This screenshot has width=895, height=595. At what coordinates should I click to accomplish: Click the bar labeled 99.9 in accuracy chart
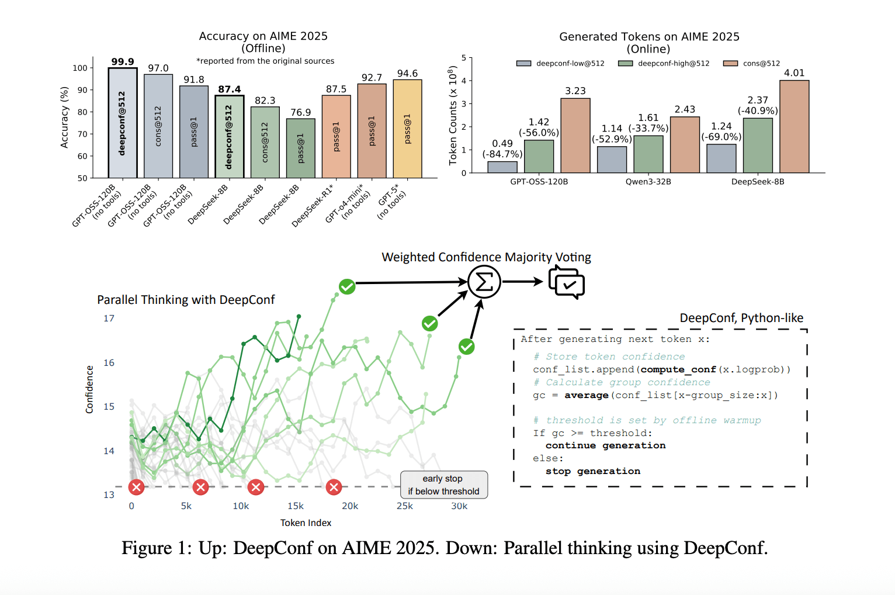pos(123,123)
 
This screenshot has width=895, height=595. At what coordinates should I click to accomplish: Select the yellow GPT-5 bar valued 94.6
pos(407,129)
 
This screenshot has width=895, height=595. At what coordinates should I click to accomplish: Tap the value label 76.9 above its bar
pos(301,112)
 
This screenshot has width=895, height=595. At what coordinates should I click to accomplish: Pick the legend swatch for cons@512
pos(730,63)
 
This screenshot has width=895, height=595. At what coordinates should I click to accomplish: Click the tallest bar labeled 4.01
pos(794,126)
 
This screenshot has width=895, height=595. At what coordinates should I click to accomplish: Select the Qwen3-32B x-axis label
pos(648,182)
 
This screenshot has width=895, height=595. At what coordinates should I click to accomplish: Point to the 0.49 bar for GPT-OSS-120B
pos(502,167)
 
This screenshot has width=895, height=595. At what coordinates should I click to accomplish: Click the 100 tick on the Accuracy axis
pos(80,68)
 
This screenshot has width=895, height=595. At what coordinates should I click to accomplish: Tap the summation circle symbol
pos(484,282)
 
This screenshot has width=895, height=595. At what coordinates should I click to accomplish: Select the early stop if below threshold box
pos(443,485)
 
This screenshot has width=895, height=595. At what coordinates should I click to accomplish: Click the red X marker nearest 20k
pos(334,487)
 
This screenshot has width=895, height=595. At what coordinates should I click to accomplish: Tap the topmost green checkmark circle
pos(347,286)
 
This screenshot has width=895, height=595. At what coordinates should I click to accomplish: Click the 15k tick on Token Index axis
pos(296,506)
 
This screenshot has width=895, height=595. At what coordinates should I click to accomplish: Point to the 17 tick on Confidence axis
pos(109,319)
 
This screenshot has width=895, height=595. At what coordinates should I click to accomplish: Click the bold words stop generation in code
pos(592,471)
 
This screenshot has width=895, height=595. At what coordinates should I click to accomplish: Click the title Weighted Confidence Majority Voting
pos(486,257)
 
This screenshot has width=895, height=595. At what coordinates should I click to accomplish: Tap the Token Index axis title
pos(306,523)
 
